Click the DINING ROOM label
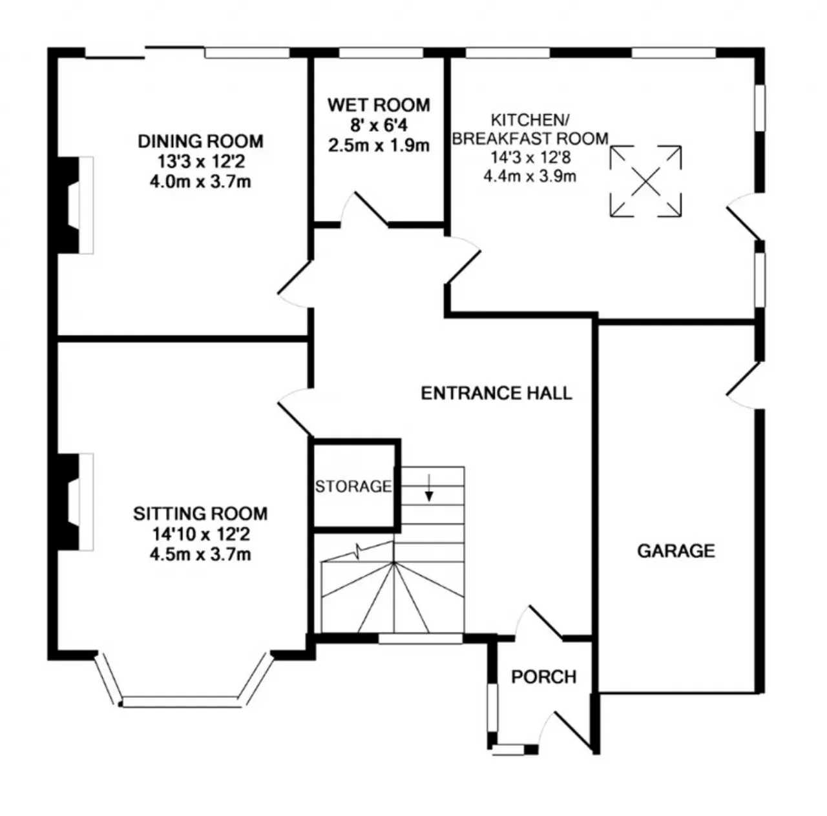pyautogui.click(x=201, y=141)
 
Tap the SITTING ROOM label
pyautogui.click(x=200, y=514)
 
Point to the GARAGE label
pyautogui.click(x=676, y=551)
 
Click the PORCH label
pyautogui.click(x=543, y=677)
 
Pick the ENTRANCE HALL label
pyautogui.click(x=496, y=393)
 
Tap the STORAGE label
pyautogui.click(x=353, y=486)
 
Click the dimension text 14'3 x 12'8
pyautogui.click(x=530, y=156)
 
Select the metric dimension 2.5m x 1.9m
pyautogui.click(x=379, y=145)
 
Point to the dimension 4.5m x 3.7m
pyautogui.click(x=200, y=554)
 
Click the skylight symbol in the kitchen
pyautogui.click(x=645, y=181)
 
